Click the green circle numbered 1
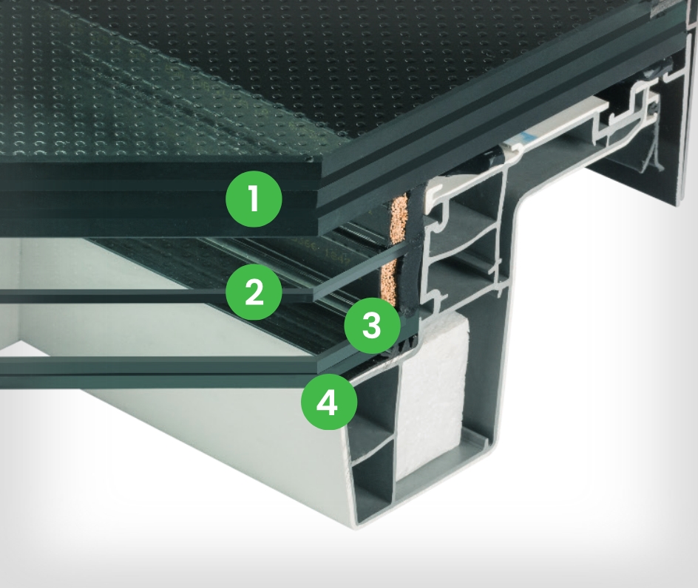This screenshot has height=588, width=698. click(x=254, y=199)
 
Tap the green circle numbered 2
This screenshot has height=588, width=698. click(x=254, y=292)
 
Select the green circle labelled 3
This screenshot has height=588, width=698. click(x=372, y=325)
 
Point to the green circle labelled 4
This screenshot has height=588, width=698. click(x=329, y=403)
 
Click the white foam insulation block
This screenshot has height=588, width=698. click(x=435, y=392)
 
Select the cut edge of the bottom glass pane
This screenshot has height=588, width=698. click(x=365, y=351)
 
